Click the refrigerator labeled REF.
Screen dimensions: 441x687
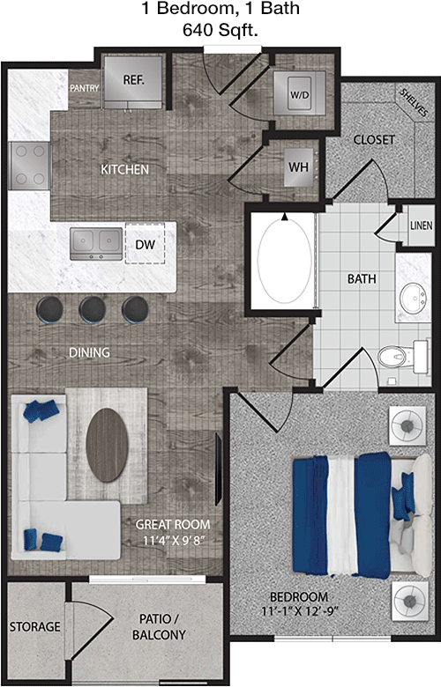(133, 82)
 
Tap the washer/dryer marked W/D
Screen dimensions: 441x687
(299, 93)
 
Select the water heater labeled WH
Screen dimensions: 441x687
(298, 167)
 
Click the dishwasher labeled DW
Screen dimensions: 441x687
(146, 244)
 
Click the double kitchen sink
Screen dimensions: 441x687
(96, 243)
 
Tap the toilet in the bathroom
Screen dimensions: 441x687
(402, 357)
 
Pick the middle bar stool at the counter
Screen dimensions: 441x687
(92, 310)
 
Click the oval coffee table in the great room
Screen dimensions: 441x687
(107, 445)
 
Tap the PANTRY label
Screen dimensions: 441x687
(85, 88)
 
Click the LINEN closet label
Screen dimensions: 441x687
(422, 225)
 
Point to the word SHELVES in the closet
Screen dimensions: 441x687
(414, 103)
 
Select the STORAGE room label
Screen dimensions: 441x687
(35, 626)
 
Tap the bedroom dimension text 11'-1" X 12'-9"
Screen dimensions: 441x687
(301, 610)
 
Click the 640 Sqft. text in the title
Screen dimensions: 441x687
(220, 30)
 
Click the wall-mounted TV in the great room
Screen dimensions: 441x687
(218, 469)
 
